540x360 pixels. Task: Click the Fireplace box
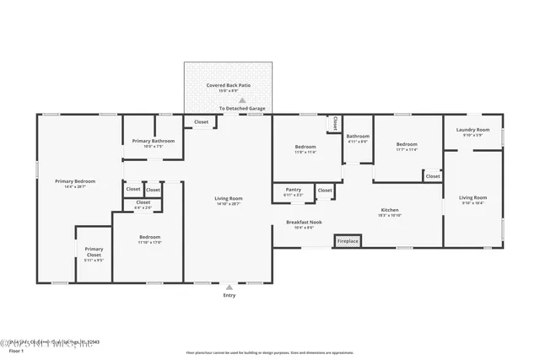click(x=348, y=241)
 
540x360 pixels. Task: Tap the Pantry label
click(x=294, y=190)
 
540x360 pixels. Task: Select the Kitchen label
click(x=390, y=210)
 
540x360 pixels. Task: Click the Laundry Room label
click(x=472, y=130)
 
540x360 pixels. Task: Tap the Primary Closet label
click(x=94, y=250)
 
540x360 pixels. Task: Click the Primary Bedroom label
click(x=75, y=181)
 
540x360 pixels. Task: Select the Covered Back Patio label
click(x=228, y=85)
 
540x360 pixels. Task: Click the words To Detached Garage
click(x=242, y=109)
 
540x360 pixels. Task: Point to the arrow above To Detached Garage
click(x=242, y=99)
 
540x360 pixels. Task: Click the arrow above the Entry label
click(x=229, y=287)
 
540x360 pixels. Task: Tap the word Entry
click(x=229, y=295)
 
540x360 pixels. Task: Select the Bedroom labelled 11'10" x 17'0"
click(x=150, y=238)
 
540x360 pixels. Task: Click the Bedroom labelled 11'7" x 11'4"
click(x=408, y=144)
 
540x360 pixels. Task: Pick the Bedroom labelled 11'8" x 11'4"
click(x=305, y=147)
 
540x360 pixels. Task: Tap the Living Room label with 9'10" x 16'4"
click(x=472, y=197)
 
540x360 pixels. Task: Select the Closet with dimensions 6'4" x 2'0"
click(x=143, y=202)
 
